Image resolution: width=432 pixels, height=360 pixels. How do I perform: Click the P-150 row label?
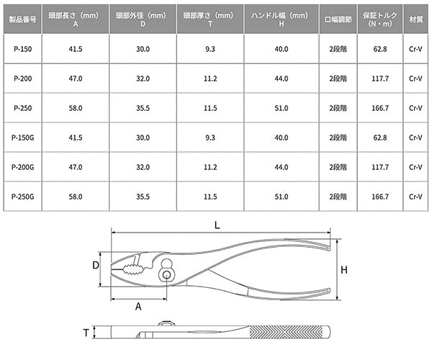coord(22,49)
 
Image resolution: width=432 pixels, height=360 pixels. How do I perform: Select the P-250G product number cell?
coord(22,197)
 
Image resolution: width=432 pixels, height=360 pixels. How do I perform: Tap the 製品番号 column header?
coord(22,19)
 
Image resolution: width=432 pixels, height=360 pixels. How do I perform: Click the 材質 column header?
coord(415,19)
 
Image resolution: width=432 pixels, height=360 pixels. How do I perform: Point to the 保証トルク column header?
coord(380,19)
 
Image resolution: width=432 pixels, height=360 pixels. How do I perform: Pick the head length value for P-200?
coord(76,78)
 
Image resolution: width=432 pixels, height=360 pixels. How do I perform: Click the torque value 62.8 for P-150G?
coord(380,138)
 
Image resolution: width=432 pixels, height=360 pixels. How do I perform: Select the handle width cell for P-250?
coord(282,108)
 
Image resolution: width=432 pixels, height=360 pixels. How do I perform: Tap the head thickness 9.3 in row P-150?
coord(210,49)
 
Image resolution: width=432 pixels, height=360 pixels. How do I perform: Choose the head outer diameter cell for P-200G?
coord(143,167)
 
